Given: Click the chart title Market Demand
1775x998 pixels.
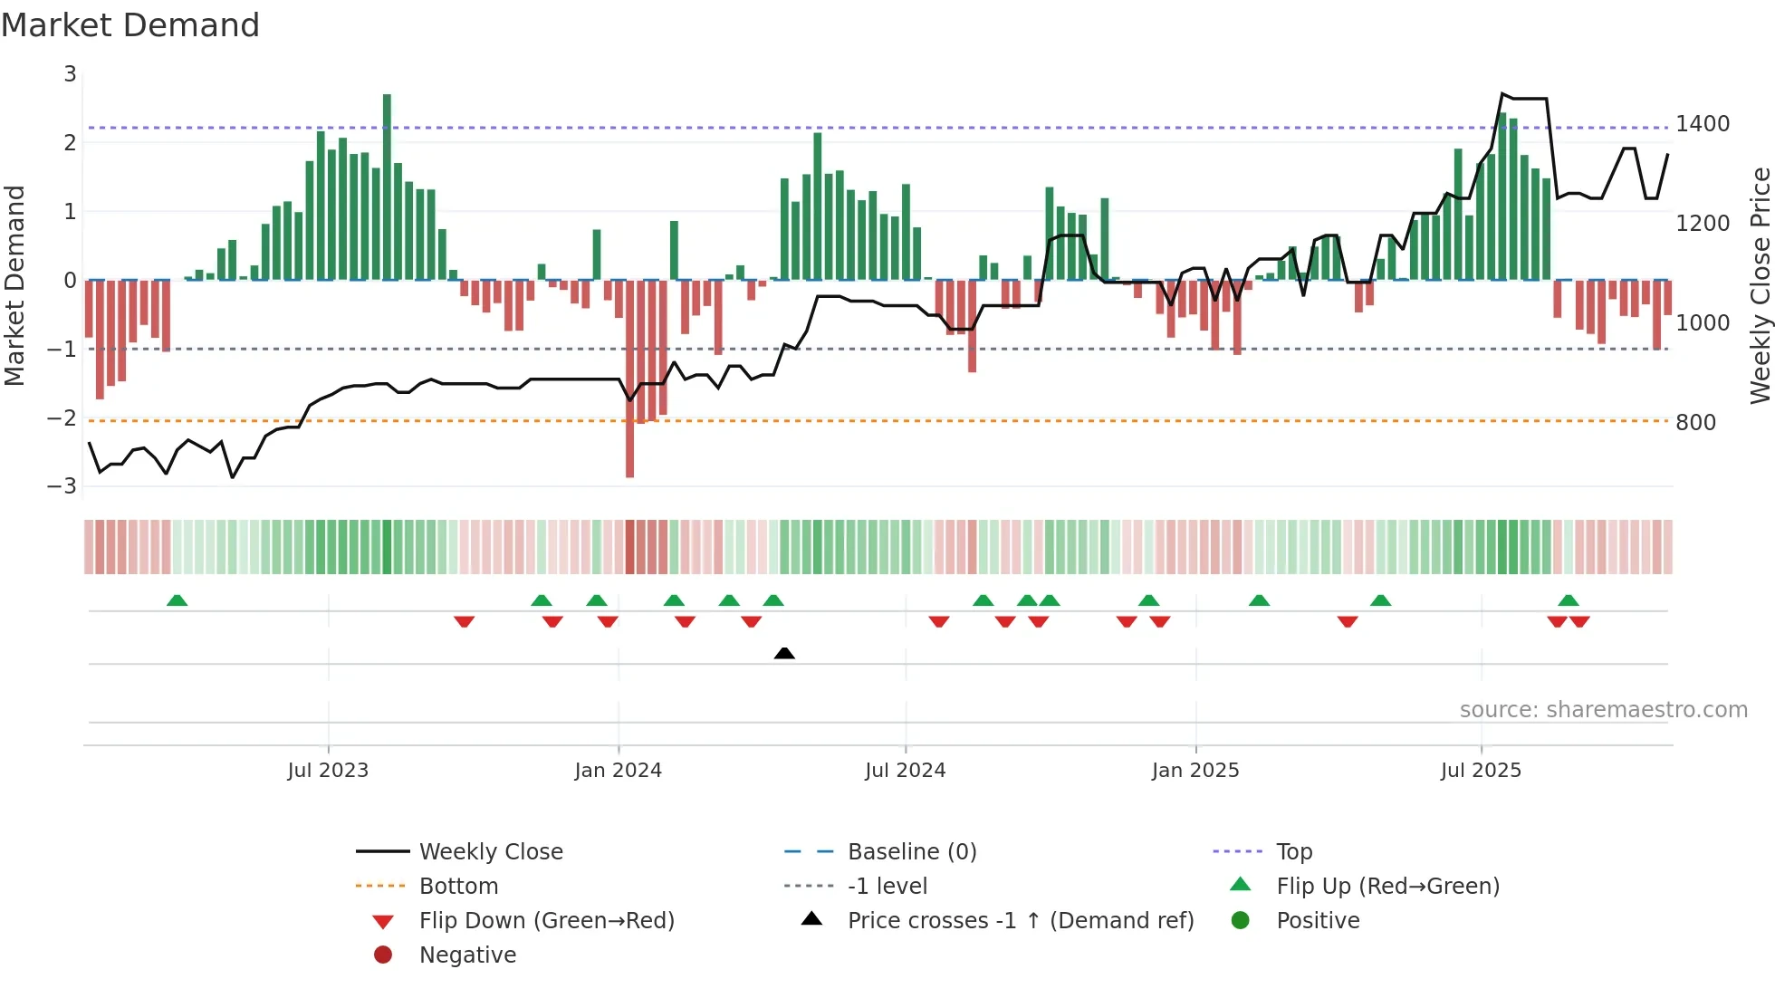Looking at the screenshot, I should [130, 25].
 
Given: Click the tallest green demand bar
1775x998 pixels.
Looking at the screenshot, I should [387, 187].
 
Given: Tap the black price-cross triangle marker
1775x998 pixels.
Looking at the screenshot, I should [784, 653].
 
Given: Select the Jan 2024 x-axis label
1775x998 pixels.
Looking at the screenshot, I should [618, 771].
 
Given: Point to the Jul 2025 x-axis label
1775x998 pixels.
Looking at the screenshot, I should [1481, 771].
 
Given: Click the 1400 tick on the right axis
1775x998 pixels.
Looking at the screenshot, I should [1702, 124].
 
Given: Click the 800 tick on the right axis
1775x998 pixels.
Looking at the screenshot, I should [1695, 423].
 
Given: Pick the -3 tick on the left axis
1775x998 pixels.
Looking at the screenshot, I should [62, 486].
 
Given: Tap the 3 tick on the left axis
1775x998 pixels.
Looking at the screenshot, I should [70, 74].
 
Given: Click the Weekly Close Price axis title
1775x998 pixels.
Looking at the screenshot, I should [1760, 285].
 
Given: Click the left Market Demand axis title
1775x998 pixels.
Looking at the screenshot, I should [15, 285].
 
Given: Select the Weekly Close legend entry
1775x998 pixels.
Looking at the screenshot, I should [490, 852].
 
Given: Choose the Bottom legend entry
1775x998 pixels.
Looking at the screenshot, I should [458, 887].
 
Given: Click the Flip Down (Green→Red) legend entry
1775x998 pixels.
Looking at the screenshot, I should [546, 921].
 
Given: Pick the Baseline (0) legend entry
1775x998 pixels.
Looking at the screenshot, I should [911, 852].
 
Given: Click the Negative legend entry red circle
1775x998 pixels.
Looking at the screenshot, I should [383, 955].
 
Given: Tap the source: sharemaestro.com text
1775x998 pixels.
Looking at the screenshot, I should [1603, 710].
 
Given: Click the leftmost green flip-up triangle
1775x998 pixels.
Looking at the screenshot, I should [177, 600].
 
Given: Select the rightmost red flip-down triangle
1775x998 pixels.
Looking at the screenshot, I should [1579, 621].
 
